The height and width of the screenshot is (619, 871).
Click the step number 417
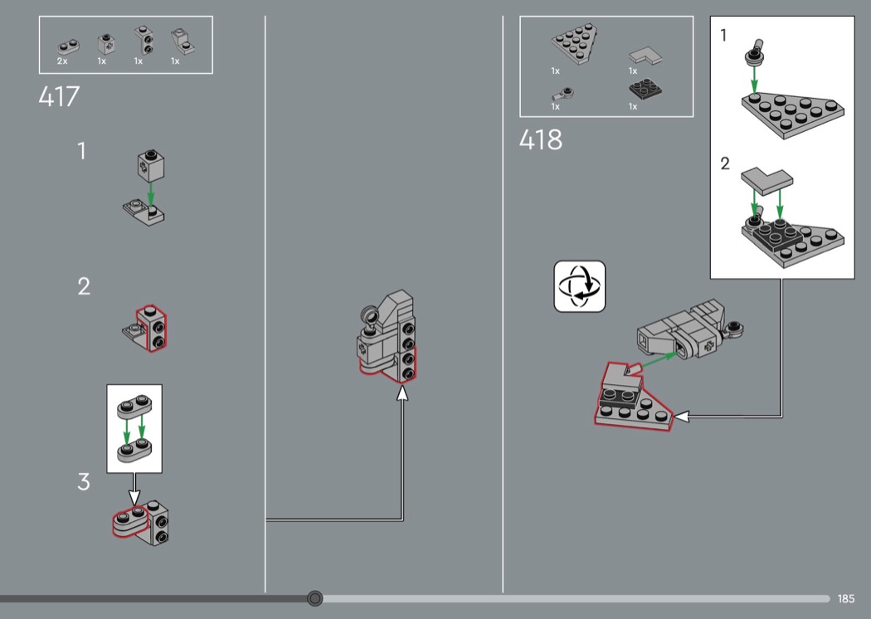click(60, 97)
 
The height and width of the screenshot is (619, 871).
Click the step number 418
click(541, 139)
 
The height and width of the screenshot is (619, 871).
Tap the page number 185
click(846, 598)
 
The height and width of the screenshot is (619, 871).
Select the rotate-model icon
click(579, 286)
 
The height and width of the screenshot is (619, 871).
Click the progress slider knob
click(315, 598)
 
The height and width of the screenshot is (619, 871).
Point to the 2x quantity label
click(62, 61)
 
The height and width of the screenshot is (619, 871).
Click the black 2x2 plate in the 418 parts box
click(645, 89)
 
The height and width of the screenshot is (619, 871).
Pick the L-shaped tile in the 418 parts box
click(645, 56)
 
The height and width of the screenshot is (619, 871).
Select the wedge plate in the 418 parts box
click(575, 43)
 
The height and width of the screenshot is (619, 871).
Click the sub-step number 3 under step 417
click(83, 482)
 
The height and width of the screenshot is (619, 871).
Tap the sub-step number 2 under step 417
click(83, 287)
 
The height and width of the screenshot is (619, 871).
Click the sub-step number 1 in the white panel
click(723, 36)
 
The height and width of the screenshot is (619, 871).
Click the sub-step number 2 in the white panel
click(725, 163)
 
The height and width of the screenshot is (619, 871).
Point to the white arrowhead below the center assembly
click(402, 392)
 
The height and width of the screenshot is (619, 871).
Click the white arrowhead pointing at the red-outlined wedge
click(682, 417)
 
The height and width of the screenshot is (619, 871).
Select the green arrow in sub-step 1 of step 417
click(150, 193)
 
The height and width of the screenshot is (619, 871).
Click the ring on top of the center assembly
click(370, 317)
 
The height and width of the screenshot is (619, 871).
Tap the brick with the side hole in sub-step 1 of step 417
click(150, 165)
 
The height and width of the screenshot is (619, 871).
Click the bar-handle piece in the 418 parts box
click(562, 94)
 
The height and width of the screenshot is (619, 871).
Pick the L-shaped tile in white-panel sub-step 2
click(766, 182)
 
